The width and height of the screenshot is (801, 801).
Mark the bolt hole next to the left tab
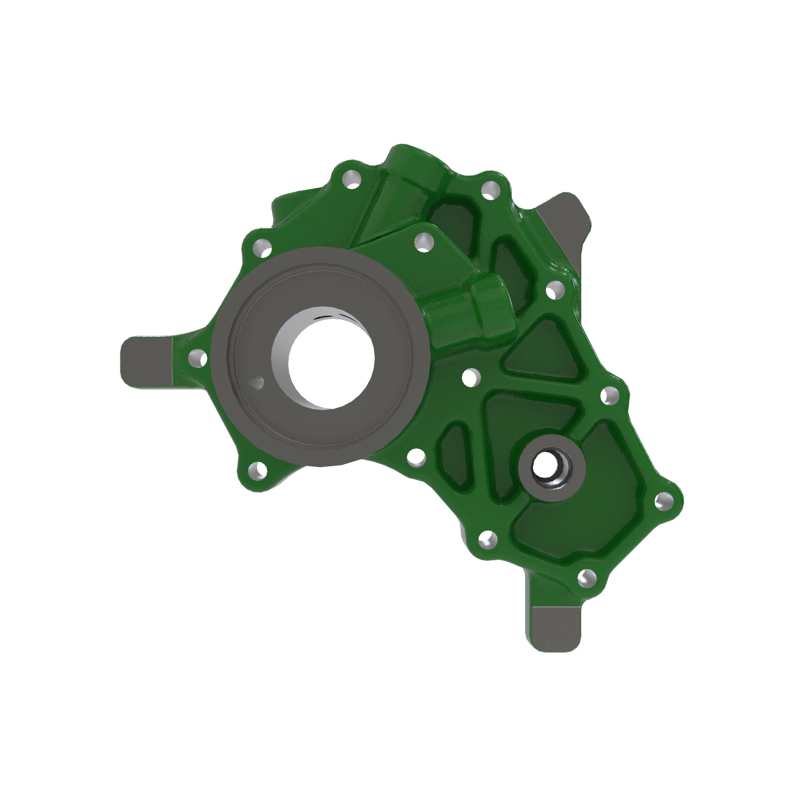click(x=198, y=358)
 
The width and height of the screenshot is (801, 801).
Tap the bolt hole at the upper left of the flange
click(x=261, y=248)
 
